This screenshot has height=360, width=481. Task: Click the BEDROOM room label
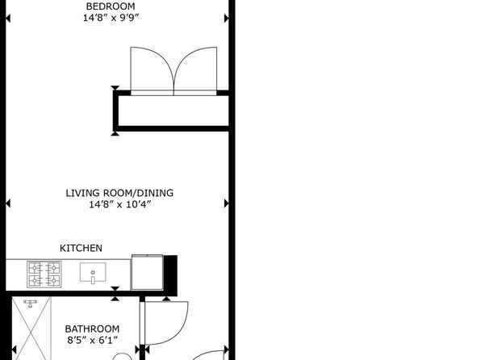(x=110, y=6)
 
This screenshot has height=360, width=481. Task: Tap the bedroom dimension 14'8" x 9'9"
(x=111, y=18)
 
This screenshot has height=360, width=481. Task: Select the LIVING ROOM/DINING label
(x=119, y=193)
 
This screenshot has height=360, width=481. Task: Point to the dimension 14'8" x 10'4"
(x=120, y=204)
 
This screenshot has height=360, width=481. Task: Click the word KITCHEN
(x=81, y=248)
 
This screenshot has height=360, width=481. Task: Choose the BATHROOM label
(x=92, y=329)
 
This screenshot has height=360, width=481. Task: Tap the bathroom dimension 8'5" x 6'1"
(x=92, y=340)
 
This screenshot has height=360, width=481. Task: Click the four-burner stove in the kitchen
(x=44, y=274)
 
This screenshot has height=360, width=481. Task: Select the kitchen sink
(x=93, y=272)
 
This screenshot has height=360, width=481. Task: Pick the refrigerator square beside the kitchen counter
(x=147, y=272)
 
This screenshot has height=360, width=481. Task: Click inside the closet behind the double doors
(x=174, y=111)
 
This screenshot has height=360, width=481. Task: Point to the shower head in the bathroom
(x=30, y=303)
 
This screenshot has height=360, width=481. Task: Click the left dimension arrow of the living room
(x=8, y=203)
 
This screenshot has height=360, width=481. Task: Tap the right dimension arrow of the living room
(x=227, y=203)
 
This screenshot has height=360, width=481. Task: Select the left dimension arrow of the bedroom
(x=8, y=19)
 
